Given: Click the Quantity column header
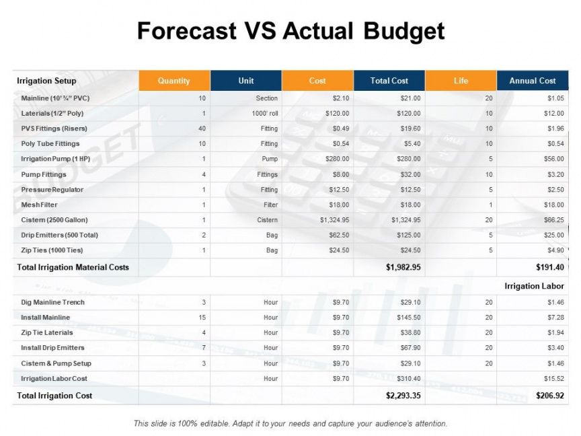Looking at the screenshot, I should (174, 81).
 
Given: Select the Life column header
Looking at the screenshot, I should (461, 81).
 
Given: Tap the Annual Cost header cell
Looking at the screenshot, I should (533, 81).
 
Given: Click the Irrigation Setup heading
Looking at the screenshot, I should (46, 81).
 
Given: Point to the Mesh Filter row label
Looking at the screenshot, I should (40, 205).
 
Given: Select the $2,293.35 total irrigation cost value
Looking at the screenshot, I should (403, 396).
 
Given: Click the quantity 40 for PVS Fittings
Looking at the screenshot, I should (202, 129).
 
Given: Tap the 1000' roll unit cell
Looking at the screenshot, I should (266, 114).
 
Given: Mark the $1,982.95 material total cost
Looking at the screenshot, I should (403, 267).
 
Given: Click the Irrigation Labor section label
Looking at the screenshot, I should (534, 286).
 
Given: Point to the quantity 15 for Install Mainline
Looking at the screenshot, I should (202, 318).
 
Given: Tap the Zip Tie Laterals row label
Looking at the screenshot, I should (47, 332).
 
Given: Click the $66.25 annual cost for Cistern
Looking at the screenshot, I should (555, 220).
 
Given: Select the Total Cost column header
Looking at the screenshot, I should (389, 81).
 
